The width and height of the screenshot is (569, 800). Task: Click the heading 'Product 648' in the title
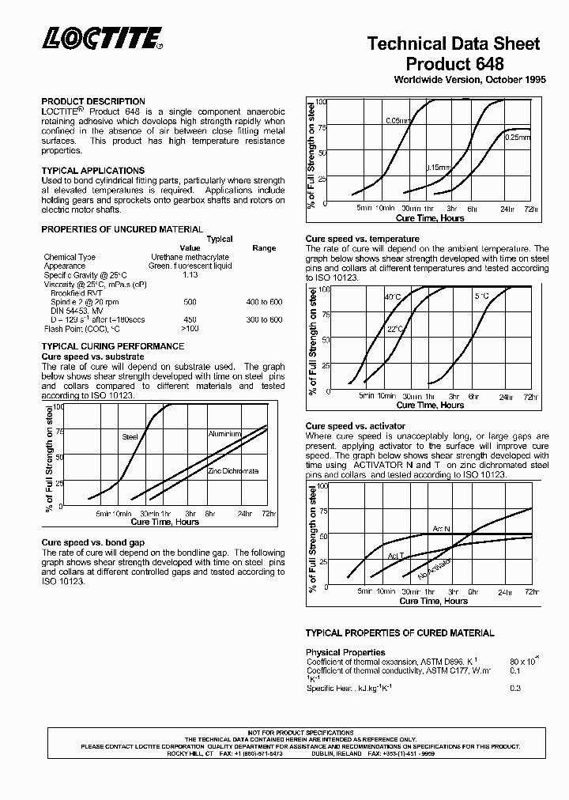(454, 63)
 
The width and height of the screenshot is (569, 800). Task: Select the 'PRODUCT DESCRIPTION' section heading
(93, 101)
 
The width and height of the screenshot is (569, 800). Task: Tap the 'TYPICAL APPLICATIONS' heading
(92, 171)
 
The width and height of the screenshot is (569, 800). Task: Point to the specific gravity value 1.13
(190, 274)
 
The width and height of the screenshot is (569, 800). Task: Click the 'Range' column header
(264, 248)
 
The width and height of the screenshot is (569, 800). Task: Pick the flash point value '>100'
(190, 328)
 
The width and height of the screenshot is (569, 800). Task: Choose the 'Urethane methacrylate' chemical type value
(190, 257)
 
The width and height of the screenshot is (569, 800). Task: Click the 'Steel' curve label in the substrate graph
(130, 436)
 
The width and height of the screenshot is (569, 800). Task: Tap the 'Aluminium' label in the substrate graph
(224, 434)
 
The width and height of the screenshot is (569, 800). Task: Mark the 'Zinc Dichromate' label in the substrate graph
(233, 471)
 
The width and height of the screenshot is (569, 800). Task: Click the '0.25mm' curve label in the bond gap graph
(517, 138)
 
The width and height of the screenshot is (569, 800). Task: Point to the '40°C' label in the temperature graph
(393, 297)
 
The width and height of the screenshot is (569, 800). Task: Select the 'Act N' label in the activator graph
(441, 528)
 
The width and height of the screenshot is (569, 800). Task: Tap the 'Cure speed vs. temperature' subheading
(363, 239)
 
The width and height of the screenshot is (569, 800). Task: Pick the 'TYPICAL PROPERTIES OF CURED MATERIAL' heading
(400, 633)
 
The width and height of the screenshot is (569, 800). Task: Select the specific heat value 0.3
(515, 689)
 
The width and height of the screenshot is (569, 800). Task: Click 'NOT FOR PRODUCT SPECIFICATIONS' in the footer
(301, 733)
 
